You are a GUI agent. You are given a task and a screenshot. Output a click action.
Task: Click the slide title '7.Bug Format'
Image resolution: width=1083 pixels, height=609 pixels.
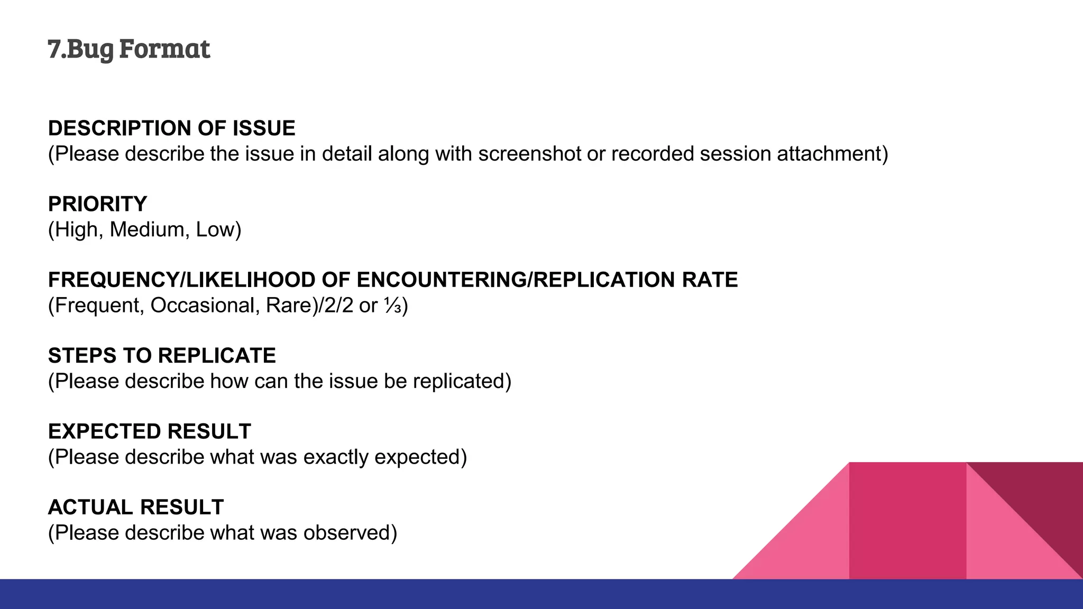point(129,49)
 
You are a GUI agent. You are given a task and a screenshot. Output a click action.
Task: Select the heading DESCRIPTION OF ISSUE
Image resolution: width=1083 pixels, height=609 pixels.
point(171,128)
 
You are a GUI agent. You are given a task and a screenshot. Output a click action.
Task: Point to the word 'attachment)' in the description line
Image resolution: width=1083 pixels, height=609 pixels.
point(832,154)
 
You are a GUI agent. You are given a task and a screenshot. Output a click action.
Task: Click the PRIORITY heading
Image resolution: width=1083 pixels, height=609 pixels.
point(97,204)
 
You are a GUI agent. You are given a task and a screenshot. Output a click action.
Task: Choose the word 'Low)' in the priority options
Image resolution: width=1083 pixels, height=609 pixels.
point(218,229)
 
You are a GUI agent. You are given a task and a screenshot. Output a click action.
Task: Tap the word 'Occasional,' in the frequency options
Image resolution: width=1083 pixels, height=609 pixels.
point(205,306)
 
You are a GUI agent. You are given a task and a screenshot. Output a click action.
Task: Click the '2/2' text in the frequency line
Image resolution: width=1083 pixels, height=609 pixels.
point(338,306)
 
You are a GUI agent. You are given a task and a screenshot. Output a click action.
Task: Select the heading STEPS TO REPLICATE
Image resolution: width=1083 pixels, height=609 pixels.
point(162,356)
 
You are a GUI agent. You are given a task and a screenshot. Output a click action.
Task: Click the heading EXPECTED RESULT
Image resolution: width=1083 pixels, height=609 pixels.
point(149,431)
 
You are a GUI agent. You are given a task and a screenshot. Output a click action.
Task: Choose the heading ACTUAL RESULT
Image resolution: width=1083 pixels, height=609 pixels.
point(136,508)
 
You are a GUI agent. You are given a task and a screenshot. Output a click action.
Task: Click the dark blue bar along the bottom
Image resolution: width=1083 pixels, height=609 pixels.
point(541,594)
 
